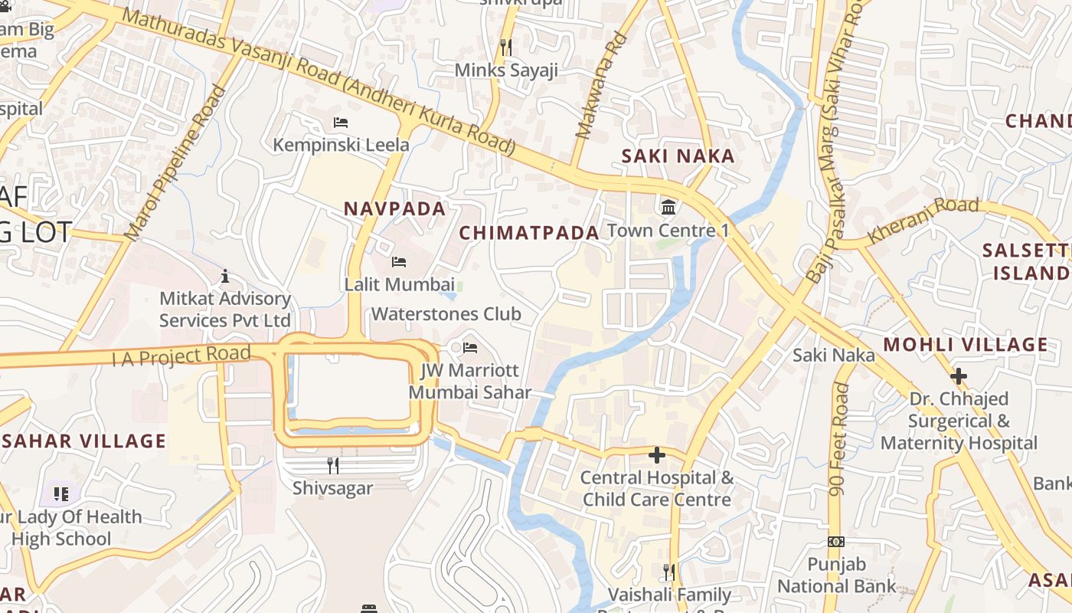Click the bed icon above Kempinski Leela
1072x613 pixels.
pyautogui.click(x=341, y=123)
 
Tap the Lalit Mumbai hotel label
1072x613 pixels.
pyautogui.click(x=400, y=284)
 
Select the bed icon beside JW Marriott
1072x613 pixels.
pyautogui.click(x=470, y=348)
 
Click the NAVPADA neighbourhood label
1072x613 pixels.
pyautogui.click(x=394, y=208)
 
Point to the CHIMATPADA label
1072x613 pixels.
pyautogui.click(x=528, y=233)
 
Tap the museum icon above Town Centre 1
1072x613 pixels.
pyautogui.click(x=668, y=207)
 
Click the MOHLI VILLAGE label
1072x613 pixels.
pyautogui.click(x=965, y=345)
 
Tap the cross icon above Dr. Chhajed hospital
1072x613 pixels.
pyautogui.click(x=958, y=376)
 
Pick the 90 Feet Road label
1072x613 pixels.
pyautogui.click(x=839, y=438)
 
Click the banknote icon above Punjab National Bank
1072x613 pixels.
pyautogui.click(x=836, y=542)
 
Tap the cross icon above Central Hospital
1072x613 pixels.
pyautogui.click(x=656, y=455)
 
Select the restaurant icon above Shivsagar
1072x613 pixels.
pyautogui.click(x=333, y=465)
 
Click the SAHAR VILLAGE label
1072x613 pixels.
pyautogui.click(x=83, y=441)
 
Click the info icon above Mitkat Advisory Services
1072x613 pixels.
pyautogui.click(x=225, y=276)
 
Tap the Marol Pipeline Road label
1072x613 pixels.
pyautogui.click(x=177, y=162)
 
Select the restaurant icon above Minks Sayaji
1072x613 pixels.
pyautogui.click(x=506, y=48)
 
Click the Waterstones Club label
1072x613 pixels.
pyautogui.click(x=446, y=313)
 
